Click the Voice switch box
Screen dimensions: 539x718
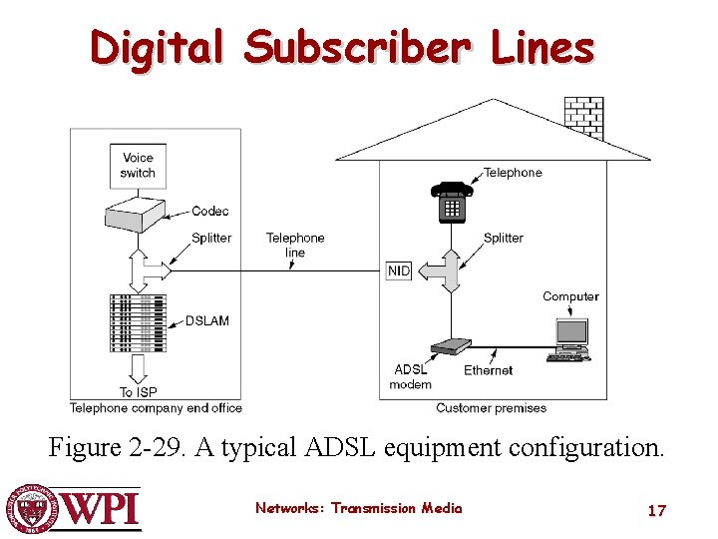pyautogui.click(x=138, y=165)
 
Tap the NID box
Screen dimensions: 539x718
pyautogui.click(x=399, y=270)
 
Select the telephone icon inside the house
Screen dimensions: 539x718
pyautogui.click(x=451, y=202)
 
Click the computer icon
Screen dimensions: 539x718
pyautogui.click(x=570, y=339)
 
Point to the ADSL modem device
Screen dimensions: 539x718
pyautogui.click(x=450, y=347)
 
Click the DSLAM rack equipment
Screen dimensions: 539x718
pyautogui.click(x=138, y=322)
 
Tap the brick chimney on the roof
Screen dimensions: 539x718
pyautogui.click(x=583, y=118)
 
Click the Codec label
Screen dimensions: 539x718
pyautogui.click(x=209, y=211)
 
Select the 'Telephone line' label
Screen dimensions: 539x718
pyautogui.click(x=295, y=245)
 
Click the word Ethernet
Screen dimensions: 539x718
pyautogui.click(x=488, y=370)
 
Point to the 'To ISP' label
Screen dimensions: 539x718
pyautogui.click(x=140, y=392)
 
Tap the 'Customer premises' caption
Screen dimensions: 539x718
pyautogui.click(x=491, y=407)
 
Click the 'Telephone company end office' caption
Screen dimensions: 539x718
pyautogui.click(x=156, y=407)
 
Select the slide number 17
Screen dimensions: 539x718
pyautogui.click(x=656, y=510)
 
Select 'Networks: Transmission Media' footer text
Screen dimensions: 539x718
pyautogui.click(x=358, y=508)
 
